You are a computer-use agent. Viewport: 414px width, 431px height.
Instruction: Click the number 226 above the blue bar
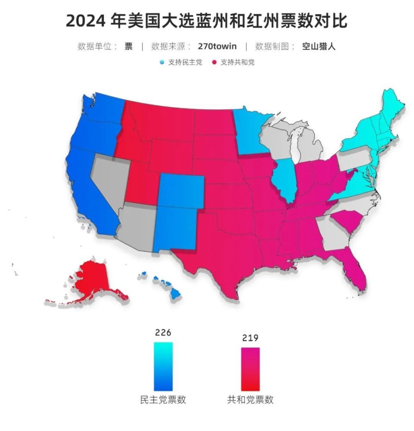click(163, 333)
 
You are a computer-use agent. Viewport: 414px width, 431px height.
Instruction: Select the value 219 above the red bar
click(250, 338)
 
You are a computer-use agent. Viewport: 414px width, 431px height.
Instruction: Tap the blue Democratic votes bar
click(163, 366)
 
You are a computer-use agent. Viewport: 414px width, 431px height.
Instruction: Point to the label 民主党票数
click(163, 400)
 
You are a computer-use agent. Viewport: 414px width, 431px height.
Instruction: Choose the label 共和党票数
click(250, 400)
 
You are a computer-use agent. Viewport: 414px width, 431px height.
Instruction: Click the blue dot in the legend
click(162, 62)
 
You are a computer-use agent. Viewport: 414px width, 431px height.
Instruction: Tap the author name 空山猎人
click(319, 47)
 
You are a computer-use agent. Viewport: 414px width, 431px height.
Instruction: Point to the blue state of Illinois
click(284, 179)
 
